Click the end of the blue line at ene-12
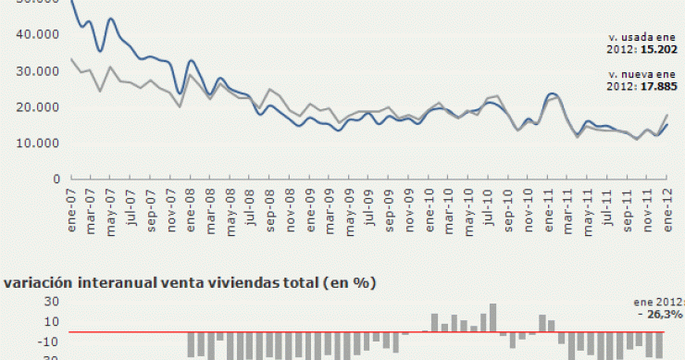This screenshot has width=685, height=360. [x=666, y=125]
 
